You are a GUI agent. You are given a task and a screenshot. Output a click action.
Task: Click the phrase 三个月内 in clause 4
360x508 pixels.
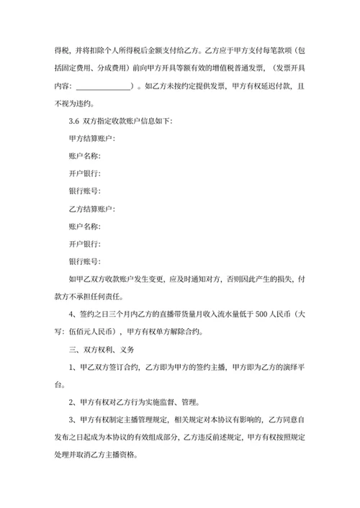pyautogui.click(x=125, y=314)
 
